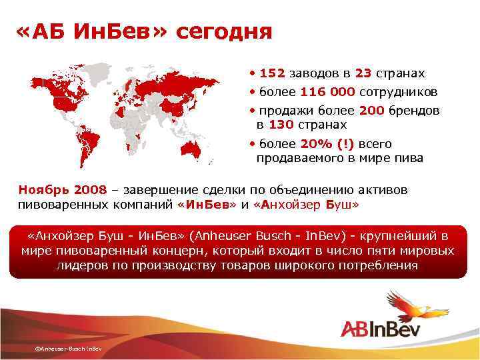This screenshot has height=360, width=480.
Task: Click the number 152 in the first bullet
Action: click(x=271, y=73)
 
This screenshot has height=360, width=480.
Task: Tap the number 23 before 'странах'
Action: click(x=363, y=73)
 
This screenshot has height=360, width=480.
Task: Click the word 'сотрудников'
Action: click(x=400, y=92)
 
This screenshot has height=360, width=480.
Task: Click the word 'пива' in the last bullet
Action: click(x=411, y=158)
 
